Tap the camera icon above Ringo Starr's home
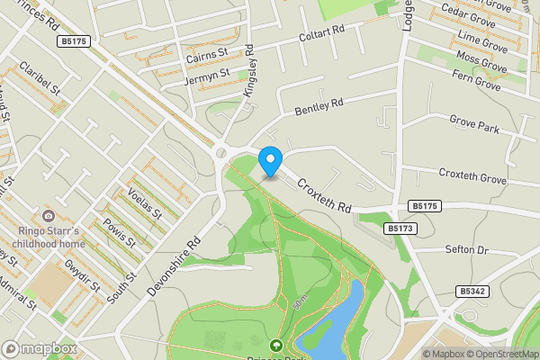tap(48, 216)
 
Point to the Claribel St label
tap(41, 80)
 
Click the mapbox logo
tap(39, 348)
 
